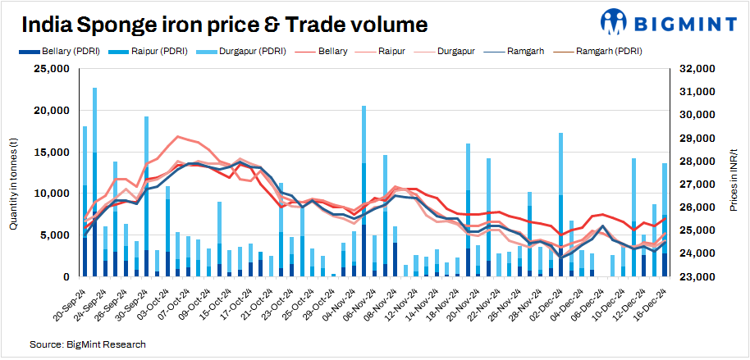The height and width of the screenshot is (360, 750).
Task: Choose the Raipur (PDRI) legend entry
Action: pyautogui.click(x=161, y=51)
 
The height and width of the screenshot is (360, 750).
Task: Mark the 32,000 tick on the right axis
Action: pyautogui.click(x=697, y=69)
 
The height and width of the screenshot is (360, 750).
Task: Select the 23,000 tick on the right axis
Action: pyautogui.click(x=697, y=277)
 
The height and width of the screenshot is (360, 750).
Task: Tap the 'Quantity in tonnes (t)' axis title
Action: pyautogui.click(x=14, y=173)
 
